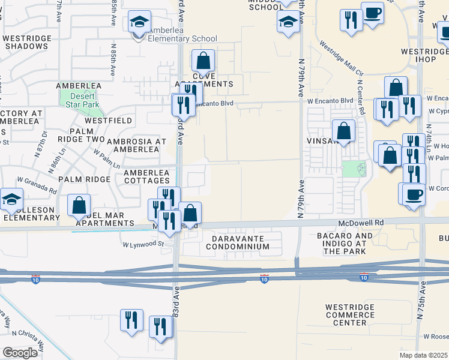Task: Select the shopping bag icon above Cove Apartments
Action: pyautogui.click(x=203, y=61)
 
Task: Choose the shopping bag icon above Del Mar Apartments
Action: pyautogui.click(x=79, y=206)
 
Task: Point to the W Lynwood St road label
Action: pyautogui.click(x=143, y=244)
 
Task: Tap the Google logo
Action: pyautogui.click(x=20, y=352)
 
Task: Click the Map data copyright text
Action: pyautogui.click(x=424, y=355)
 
